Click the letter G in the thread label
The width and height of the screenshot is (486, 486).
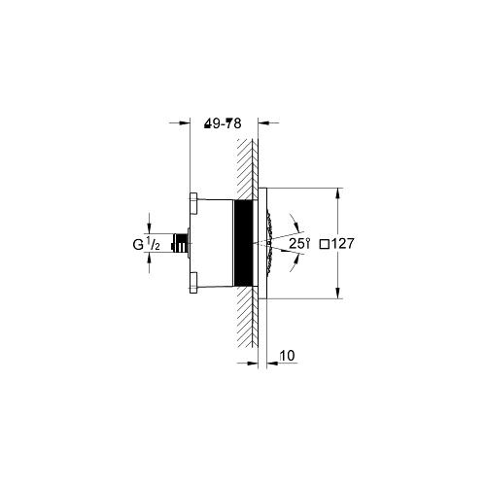click(x=140, y=245)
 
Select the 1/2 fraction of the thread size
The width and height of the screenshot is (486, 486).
click(x=155, y=245)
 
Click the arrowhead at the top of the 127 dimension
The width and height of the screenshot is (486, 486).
click(x=337, y=191)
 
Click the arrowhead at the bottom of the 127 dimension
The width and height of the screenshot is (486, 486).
click(x=337, y=296)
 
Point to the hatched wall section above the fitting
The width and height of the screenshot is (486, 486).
click(x=246, y=165)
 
